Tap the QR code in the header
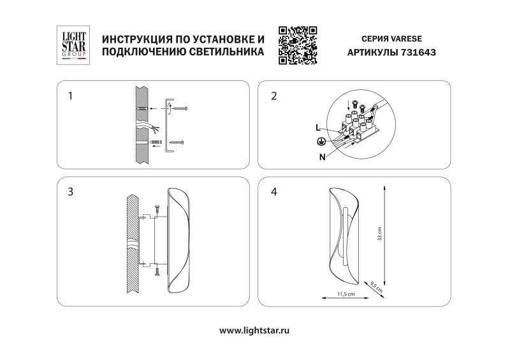298,45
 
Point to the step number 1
71,97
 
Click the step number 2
274,97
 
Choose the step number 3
71,191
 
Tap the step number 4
274,191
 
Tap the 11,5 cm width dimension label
345,294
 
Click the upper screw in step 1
180,110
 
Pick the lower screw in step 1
176,141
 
